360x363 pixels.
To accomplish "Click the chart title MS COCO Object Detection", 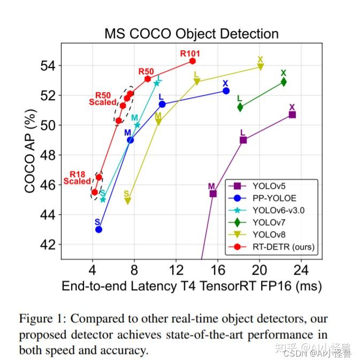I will click(x=191, y=34).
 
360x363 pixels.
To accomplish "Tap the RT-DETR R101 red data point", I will click(x=193, y=61).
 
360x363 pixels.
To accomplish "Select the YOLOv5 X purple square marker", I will click(x=292, y=115).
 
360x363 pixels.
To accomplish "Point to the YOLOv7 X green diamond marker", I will click(x=284, y=82).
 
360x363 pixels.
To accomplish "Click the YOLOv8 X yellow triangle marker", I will click(x=261, y=67).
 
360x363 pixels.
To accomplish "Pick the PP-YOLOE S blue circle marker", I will click(x=98, y=229).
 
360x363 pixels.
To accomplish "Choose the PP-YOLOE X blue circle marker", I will click(x=226, y=91).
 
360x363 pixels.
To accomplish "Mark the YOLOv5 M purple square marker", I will click(x=213, y=193).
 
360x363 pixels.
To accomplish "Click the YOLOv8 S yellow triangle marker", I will click(x=127, y=201).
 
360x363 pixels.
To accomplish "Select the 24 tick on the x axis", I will click(x=301, y=269).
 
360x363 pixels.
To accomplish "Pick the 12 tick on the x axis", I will click(x=176, y=269).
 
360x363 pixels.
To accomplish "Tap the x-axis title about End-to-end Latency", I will click(x=192, y=286).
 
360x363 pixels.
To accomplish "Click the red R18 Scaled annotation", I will click(x=78, y=178).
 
